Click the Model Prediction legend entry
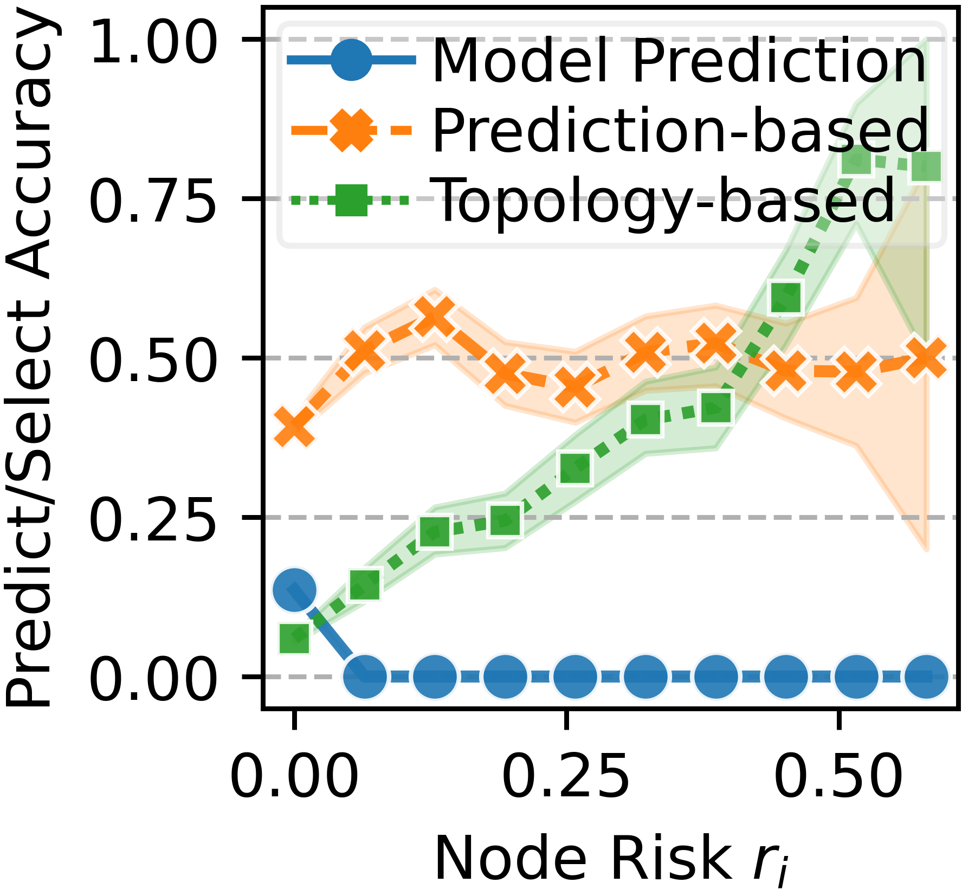click(679, 61)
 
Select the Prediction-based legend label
click(680, 130)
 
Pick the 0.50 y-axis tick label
click(153, 358)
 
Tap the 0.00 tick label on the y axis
click(153, 677)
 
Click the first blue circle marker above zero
click(294, 590)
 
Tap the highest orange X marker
click(435, 316)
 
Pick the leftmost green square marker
click(294, 638)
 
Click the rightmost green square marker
click(926, 166)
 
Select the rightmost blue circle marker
click(926, 677)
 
